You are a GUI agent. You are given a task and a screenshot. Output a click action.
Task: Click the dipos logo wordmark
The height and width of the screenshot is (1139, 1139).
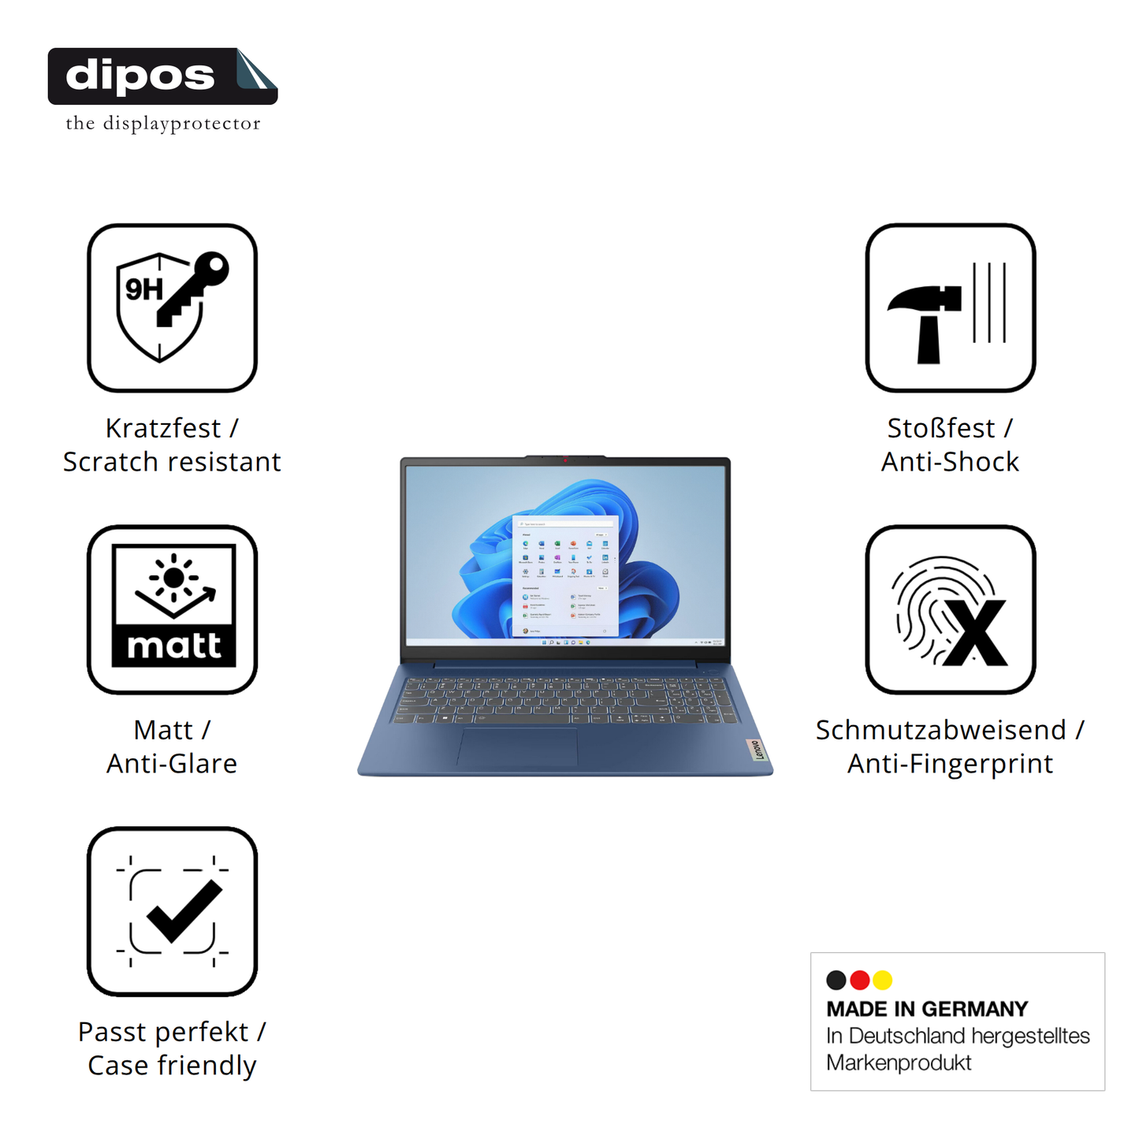pyautogui.click(x=140, y=76)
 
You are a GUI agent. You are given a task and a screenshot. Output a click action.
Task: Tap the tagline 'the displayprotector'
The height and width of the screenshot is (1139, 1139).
pyautogui.click(x=163, y=124)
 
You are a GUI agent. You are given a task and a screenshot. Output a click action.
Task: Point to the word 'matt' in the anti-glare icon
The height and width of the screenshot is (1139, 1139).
pyautogui.click(x=174, y=646)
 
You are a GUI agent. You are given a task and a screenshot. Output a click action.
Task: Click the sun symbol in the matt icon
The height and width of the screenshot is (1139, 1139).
pyautogui.click(x=173, y=578)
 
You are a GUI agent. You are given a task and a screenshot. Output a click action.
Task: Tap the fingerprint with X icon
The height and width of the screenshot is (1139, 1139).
pyautogui.click(x=950, y=610)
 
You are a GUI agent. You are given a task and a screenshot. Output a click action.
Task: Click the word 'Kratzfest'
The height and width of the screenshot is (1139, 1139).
pyautogui.click(x=163, y=428)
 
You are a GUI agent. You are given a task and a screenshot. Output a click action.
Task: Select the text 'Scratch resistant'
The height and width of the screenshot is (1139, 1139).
pyautogui.click(x=172, y=462)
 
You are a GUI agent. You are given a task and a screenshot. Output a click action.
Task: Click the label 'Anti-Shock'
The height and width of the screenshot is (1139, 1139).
pyautogui.click(x=950, y=462)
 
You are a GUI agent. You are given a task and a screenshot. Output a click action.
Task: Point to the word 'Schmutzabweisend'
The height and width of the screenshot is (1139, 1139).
pyautogui.click(x=940, y=730)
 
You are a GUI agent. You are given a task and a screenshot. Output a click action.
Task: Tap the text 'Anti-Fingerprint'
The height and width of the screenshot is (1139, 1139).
pyautogui.click(x=950, y=764)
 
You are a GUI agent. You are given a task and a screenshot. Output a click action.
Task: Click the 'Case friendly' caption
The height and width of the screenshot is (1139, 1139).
pyautogui.click(x=172, y=1066)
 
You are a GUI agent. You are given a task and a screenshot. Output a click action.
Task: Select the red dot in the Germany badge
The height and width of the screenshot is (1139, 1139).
pyautogui.click(x=860, y=980)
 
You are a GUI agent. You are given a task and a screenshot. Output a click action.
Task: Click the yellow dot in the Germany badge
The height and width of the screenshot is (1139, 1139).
pyautogui.click(x=883, y=980)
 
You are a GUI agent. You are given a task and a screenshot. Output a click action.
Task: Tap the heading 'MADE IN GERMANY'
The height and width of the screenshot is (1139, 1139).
pyautogui.click(x=927, y=1009)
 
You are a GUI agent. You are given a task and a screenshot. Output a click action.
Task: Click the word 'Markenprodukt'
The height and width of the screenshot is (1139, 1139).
pyautogui.click(x=899, y=1063)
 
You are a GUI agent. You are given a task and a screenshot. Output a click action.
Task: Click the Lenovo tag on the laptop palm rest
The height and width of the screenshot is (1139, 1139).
pyautogui.click(x=757, y=750)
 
